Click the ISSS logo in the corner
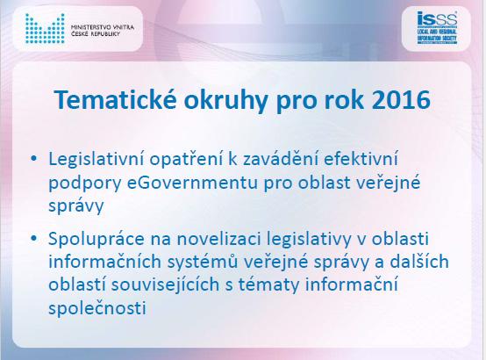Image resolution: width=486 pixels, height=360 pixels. pos(437,28)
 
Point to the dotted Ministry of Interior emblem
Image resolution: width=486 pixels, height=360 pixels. pos(45,28)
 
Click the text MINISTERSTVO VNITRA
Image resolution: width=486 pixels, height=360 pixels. pos(103,27)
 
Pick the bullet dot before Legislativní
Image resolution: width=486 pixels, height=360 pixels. pos(33,159)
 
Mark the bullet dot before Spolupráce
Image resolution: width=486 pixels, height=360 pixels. pos(33,238)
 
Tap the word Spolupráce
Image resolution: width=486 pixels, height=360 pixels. pos(96,240)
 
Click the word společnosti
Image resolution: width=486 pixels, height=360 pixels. pos(97,309)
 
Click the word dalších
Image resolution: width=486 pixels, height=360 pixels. pos(419,262)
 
